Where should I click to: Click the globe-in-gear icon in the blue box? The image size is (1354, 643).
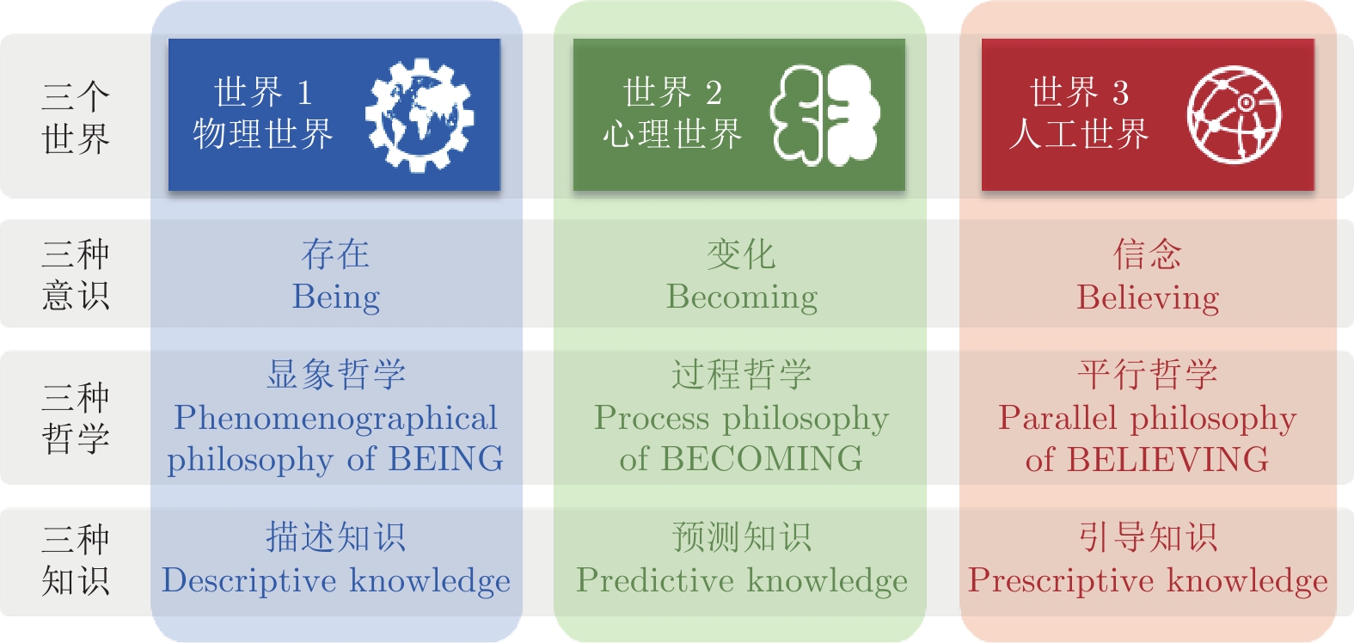[x=420, y=115]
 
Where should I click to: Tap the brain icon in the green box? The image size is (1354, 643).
[x=825, y=115]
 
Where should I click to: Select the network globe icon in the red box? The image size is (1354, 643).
[x=1234, y=115]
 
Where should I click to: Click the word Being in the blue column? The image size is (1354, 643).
[x=336, y=297]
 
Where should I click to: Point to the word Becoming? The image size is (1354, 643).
[x=742, y=297]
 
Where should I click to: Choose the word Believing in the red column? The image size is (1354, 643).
[x=1148, y=297]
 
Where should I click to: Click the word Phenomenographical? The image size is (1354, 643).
[x=335, y=419]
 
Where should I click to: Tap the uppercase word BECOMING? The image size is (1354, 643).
[x=762, y=459]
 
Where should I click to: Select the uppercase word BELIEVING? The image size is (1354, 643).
[x=1167, y=459]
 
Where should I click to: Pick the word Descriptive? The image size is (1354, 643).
[x=248, y=581]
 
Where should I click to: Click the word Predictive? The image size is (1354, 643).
[x=654, y=581]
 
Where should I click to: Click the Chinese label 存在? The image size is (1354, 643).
[x=335, y=254]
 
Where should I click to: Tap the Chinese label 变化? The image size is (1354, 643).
[x=741, y=254]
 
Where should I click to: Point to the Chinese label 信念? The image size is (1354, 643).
[x=1148, y=254]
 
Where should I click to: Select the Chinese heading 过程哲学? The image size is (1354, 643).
[x=741, y=374]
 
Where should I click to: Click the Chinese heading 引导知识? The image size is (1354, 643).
[x=1148, y=537]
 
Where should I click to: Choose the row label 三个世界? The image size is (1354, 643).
[x=76, y=117]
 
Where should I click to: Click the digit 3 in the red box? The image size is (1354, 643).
[x=1121, y=93]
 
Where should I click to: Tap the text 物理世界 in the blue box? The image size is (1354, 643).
[x=263, y=134]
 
